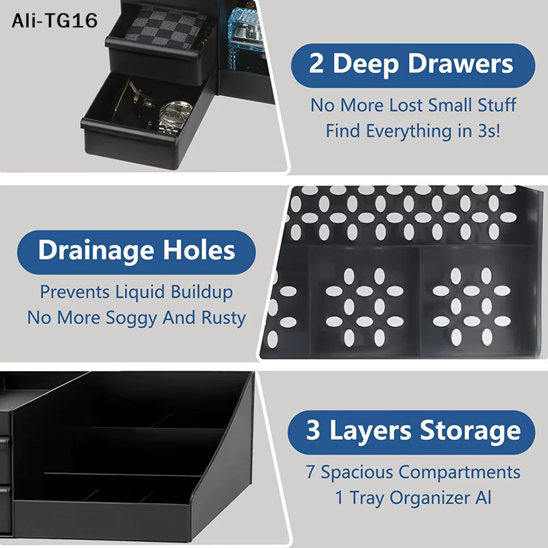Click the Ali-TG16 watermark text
55,21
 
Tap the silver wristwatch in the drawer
175,118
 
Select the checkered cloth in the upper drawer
166,28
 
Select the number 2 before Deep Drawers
316,64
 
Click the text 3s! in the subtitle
488,131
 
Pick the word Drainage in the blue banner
96,251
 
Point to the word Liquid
140,292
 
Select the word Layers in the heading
371,431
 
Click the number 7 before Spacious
310,472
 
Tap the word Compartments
459,473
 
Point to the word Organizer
430,498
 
